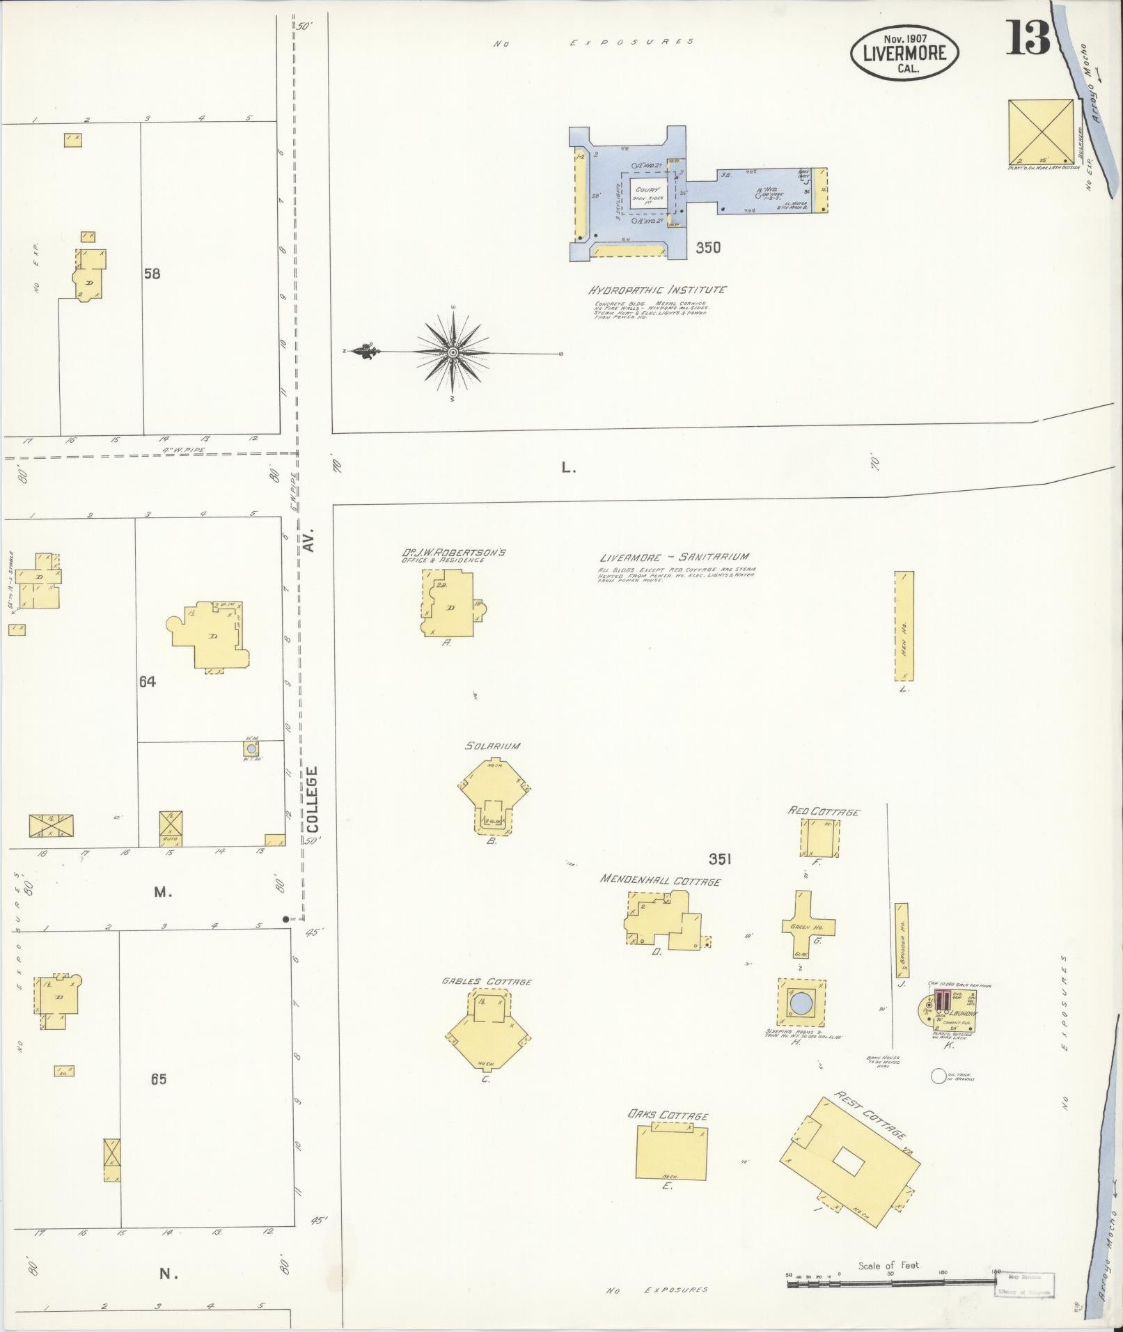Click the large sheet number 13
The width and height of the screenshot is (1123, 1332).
(x=1027, y=39)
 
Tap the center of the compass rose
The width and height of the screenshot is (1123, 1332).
(x=453, y=353)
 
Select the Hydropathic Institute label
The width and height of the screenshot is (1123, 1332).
(x=657, y=290)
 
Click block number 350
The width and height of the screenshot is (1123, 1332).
(x=707, y=247)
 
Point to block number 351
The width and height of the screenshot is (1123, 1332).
(x=719, y=860)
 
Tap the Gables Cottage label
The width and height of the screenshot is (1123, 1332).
(x=486, y=982)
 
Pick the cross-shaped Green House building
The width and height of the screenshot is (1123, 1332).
(x=808, y=926)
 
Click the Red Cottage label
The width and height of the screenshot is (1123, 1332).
(x=824, y=812)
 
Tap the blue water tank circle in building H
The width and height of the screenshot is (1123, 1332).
(x=801, y=1003)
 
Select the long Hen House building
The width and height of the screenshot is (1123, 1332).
(x=904, y=626)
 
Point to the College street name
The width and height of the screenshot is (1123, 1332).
(x=311, y=799)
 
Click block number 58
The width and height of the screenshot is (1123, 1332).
(x=151, y=274)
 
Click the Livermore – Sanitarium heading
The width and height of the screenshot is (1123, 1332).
(x=674, y=557)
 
